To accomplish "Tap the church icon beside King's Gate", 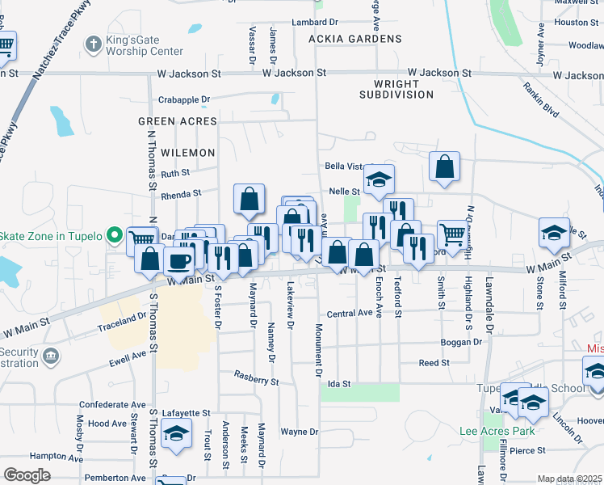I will click(94, 44).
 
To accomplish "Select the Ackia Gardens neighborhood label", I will click(354, 39).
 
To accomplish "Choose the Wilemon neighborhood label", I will click(188, 152).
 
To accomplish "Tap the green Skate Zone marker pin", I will click(115, 236).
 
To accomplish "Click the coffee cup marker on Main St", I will click(178, 260).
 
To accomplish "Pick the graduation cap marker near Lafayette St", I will click(175, 433).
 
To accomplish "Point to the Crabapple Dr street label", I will click(183, 100).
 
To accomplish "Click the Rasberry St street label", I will click(256, 377).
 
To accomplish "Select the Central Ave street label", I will click(349, 313).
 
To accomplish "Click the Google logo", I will click(27, 475).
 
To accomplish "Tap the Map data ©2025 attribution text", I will click(570, 479).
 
